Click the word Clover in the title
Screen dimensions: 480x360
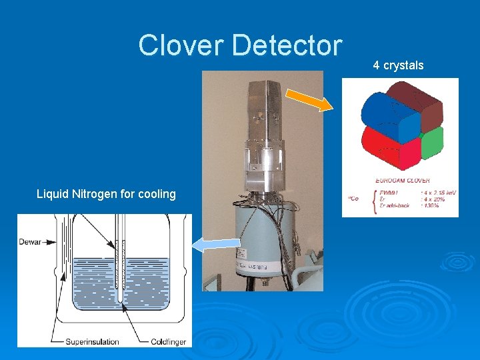pos(181,45)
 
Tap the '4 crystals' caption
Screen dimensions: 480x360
pos(398,65)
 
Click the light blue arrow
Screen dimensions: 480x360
pos(214,245)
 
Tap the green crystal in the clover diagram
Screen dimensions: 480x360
pos(432,141)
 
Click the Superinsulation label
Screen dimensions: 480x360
pos(92,341)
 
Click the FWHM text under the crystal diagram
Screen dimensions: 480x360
pos(387,191)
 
